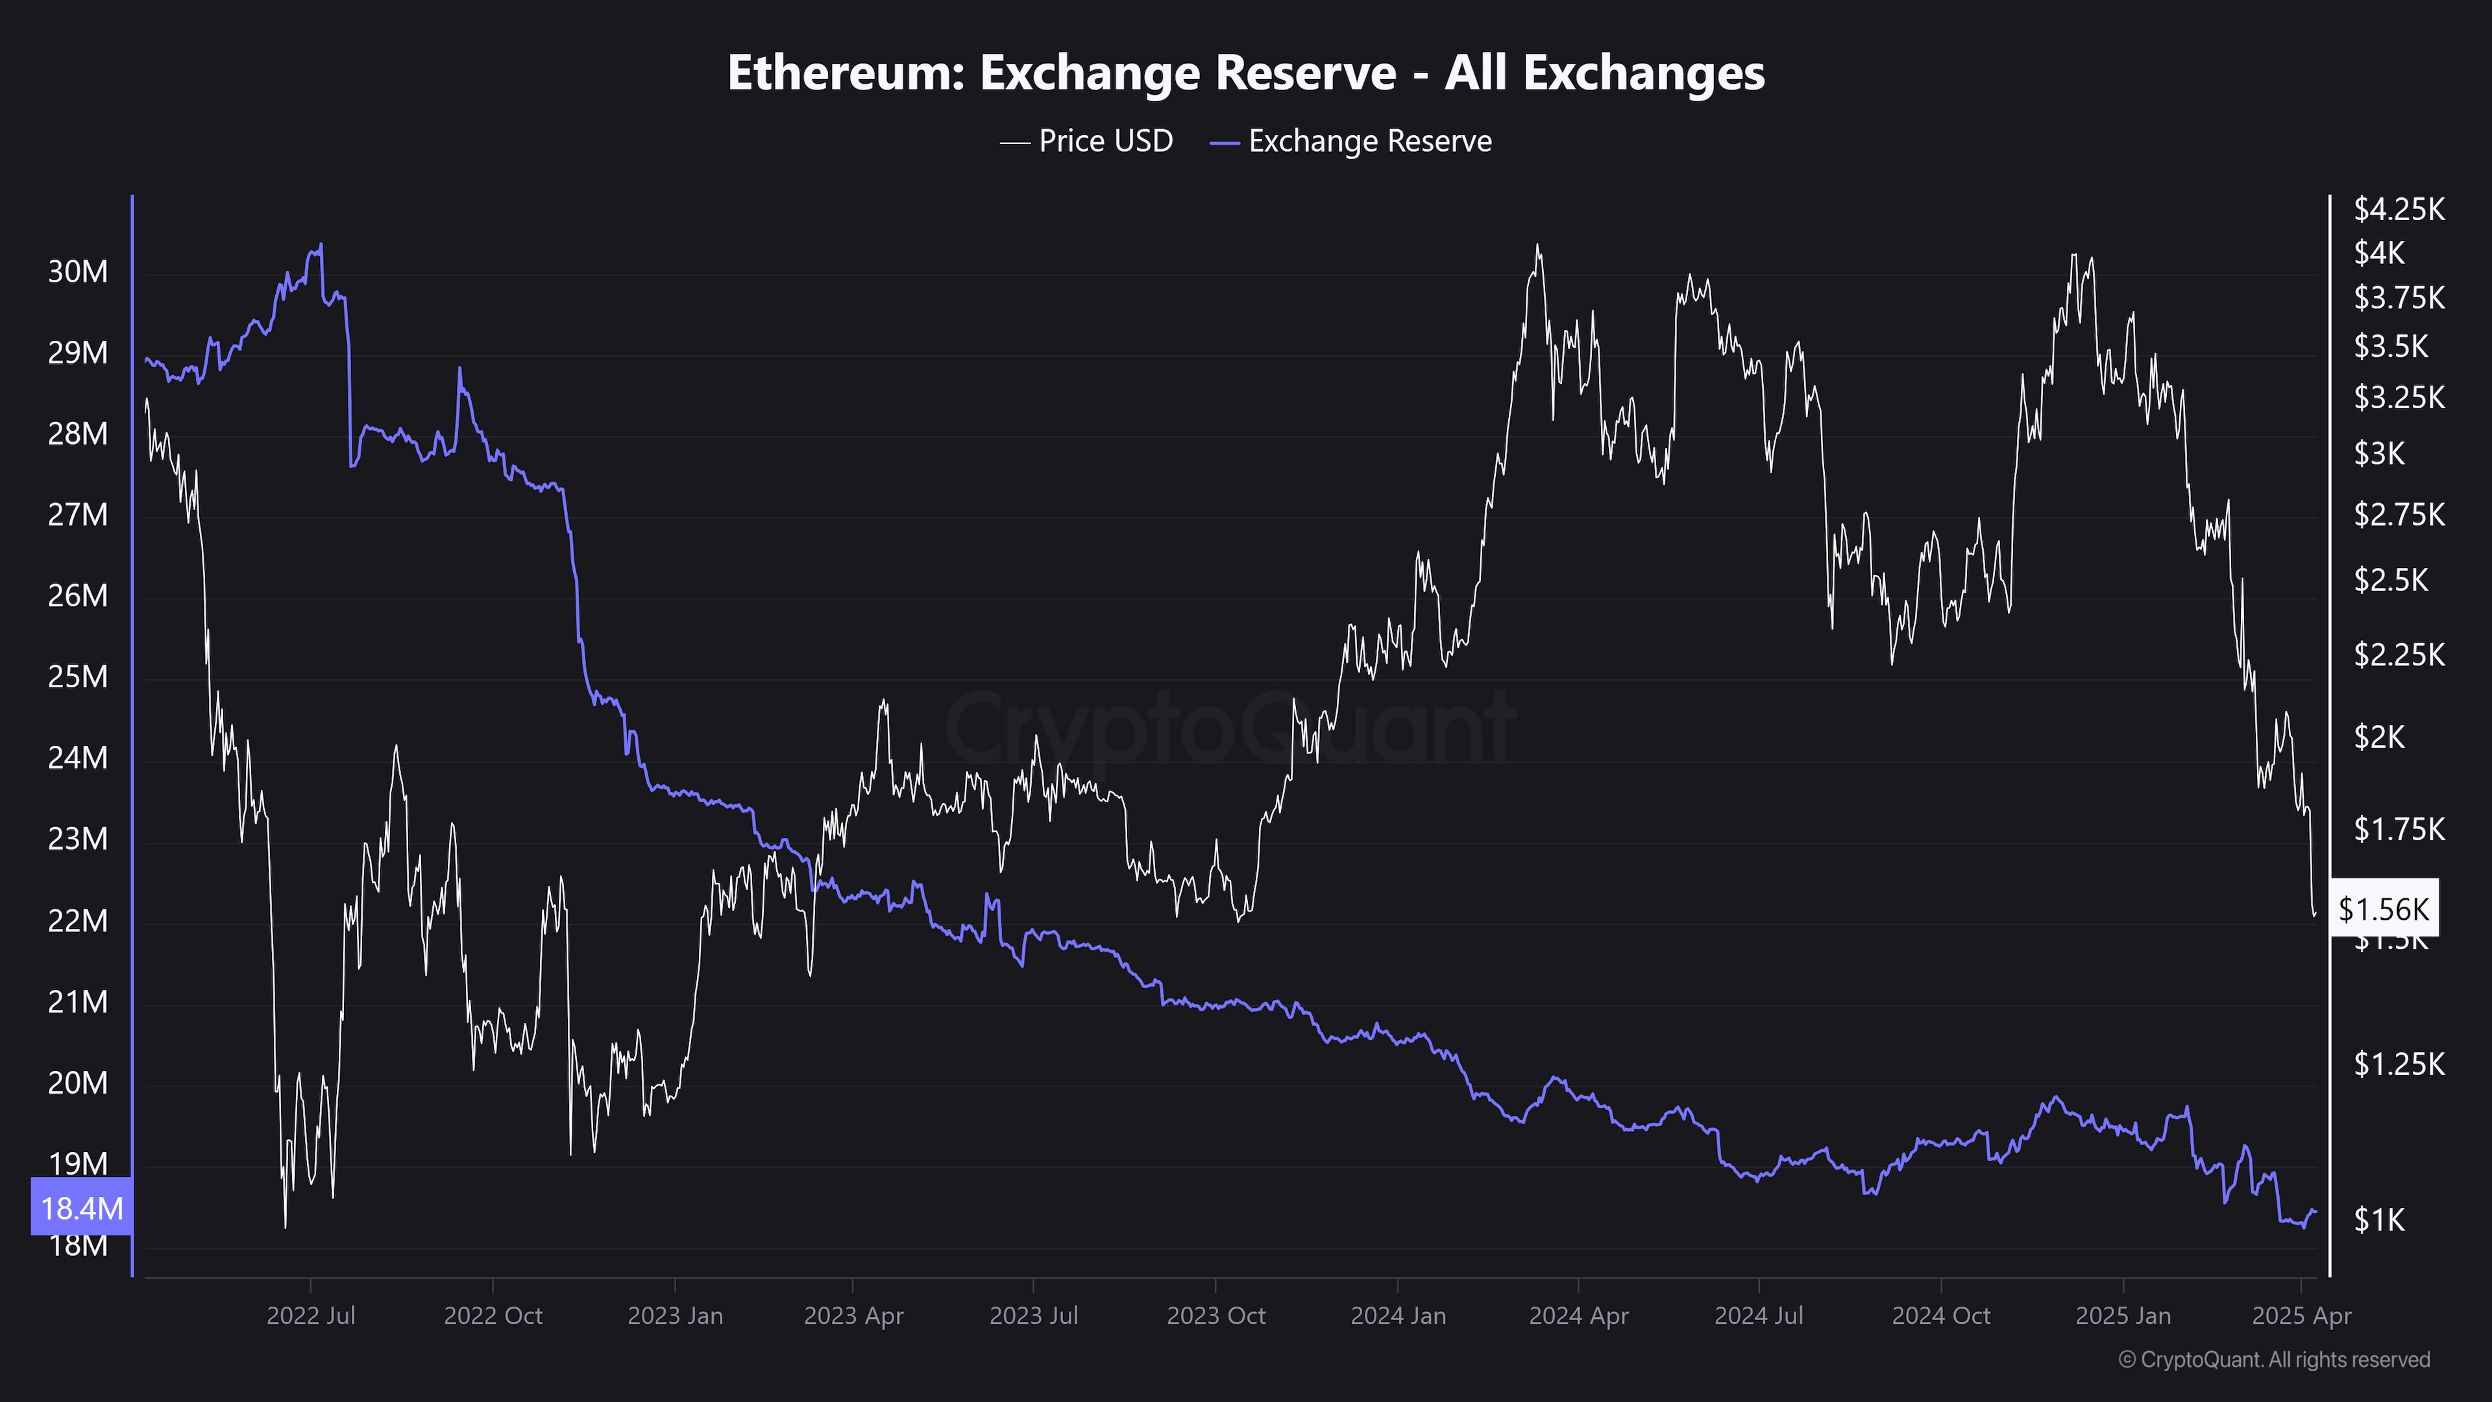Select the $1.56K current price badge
[x=2383, y=909]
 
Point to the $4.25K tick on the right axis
[x=2398, y=209]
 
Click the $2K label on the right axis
[x=2379, y=737]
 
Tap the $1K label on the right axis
[x=2379, y=1220]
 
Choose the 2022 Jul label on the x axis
[x=311, y=1316]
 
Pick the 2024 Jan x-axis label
[x=1397, y=1316]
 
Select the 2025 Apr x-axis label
[x=2301, y=1316]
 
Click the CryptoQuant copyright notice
[x=2273, y=1359]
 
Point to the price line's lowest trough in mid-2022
[x=286, y=1226]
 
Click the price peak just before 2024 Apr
[x=1537, y=246]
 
